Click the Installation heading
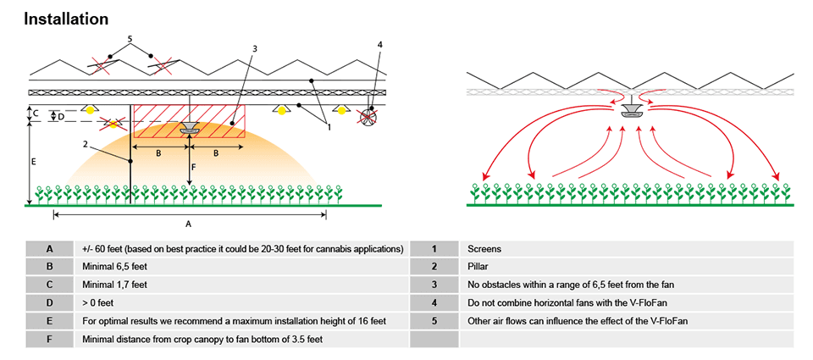(66, 18)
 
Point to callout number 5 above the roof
(130, 39)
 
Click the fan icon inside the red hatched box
(189, 128)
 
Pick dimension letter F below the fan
(194, 168)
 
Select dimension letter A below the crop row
(188, 224)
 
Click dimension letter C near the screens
(35, 112)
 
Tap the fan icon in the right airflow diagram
(631, 111)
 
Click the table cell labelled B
(49, 266)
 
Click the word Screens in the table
(484, 248)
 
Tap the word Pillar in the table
(479, 266)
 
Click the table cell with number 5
(433, 320)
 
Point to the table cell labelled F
(49, 339)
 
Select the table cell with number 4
(433, 302)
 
